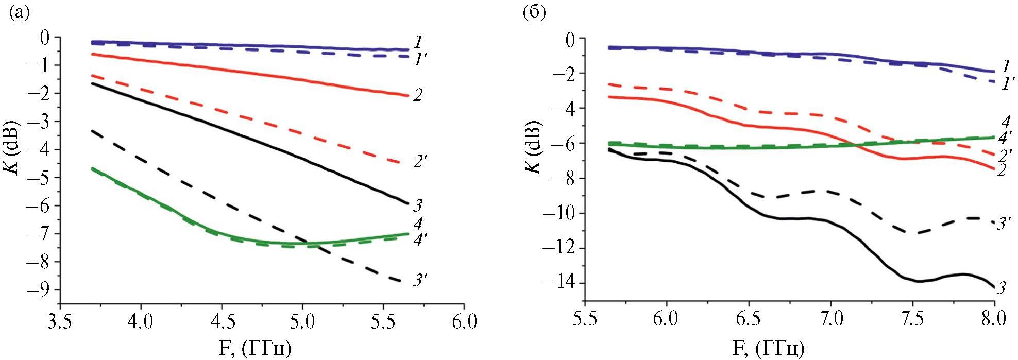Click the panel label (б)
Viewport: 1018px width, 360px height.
click(x=534, y=14)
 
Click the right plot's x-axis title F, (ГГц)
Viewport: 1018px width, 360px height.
click(x=768, y=348)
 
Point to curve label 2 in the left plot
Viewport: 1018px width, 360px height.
click(x=418, y=95)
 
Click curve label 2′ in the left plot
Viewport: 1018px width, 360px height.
click(x=420, y=163)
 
